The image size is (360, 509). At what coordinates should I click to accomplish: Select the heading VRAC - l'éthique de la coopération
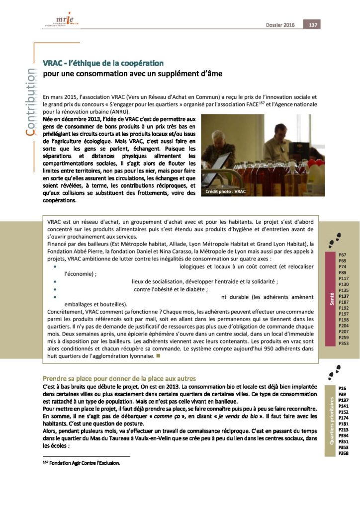[x=103, y=63]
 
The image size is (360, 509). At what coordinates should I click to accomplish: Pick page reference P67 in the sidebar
[x=343, y=255]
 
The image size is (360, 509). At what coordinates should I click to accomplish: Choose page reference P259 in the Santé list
[x=343, y=338]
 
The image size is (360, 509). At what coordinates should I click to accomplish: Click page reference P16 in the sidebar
[x=342, y=388]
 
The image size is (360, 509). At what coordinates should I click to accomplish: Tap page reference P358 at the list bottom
[x=343, y=453]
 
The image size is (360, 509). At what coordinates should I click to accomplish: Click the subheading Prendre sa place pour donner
[x=119, y=378]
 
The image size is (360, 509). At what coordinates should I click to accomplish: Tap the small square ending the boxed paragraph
[x=158, y=356]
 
